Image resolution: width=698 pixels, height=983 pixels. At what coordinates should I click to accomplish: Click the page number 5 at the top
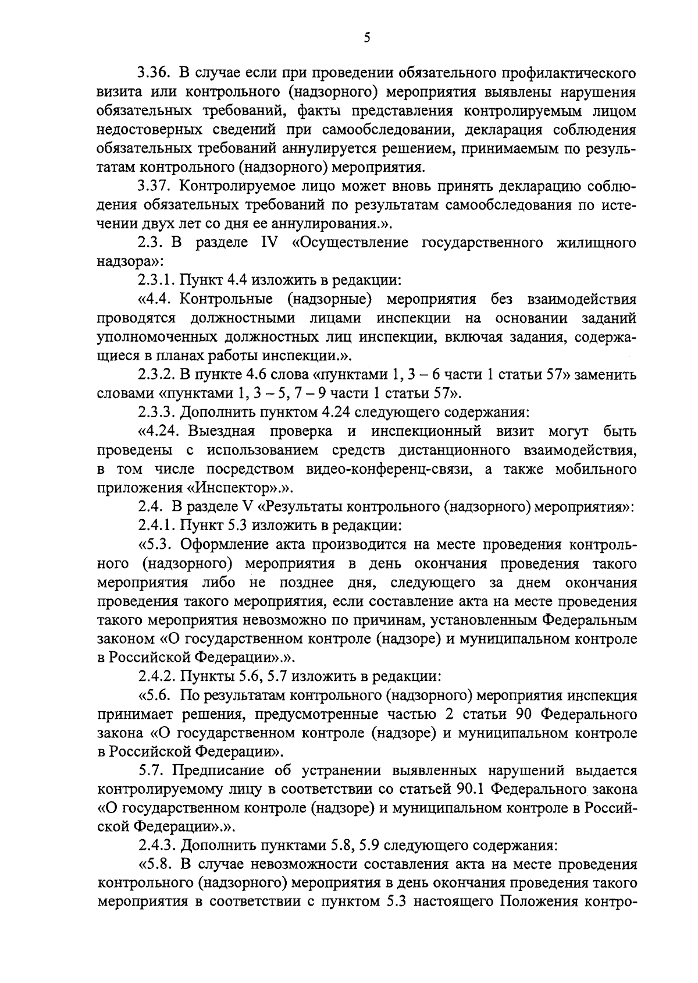click(366, 38)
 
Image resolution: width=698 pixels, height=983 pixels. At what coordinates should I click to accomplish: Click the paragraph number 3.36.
click(153, 74)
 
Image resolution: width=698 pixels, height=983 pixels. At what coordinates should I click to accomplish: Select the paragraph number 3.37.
click(153, 186)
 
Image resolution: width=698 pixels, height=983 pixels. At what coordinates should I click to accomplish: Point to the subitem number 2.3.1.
click(156, 281)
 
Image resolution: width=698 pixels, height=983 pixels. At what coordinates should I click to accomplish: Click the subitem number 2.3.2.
click(156, 374)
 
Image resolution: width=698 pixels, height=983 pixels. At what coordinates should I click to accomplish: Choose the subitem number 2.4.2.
click(156, 676)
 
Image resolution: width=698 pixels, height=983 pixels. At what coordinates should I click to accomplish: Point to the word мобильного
click(587, 469)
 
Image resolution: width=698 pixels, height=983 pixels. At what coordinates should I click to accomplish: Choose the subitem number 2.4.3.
click(156, 846)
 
